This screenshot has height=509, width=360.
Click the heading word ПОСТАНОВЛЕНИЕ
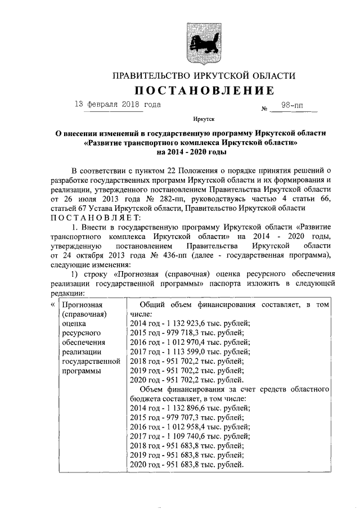tap(204, 91)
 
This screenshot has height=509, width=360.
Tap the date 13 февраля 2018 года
tap(118, 105)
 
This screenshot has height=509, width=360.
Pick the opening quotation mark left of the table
tap(52, 304)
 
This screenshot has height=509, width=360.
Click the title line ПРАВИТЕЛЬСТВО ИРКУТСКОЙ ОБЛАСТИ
tap(204, 75)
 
